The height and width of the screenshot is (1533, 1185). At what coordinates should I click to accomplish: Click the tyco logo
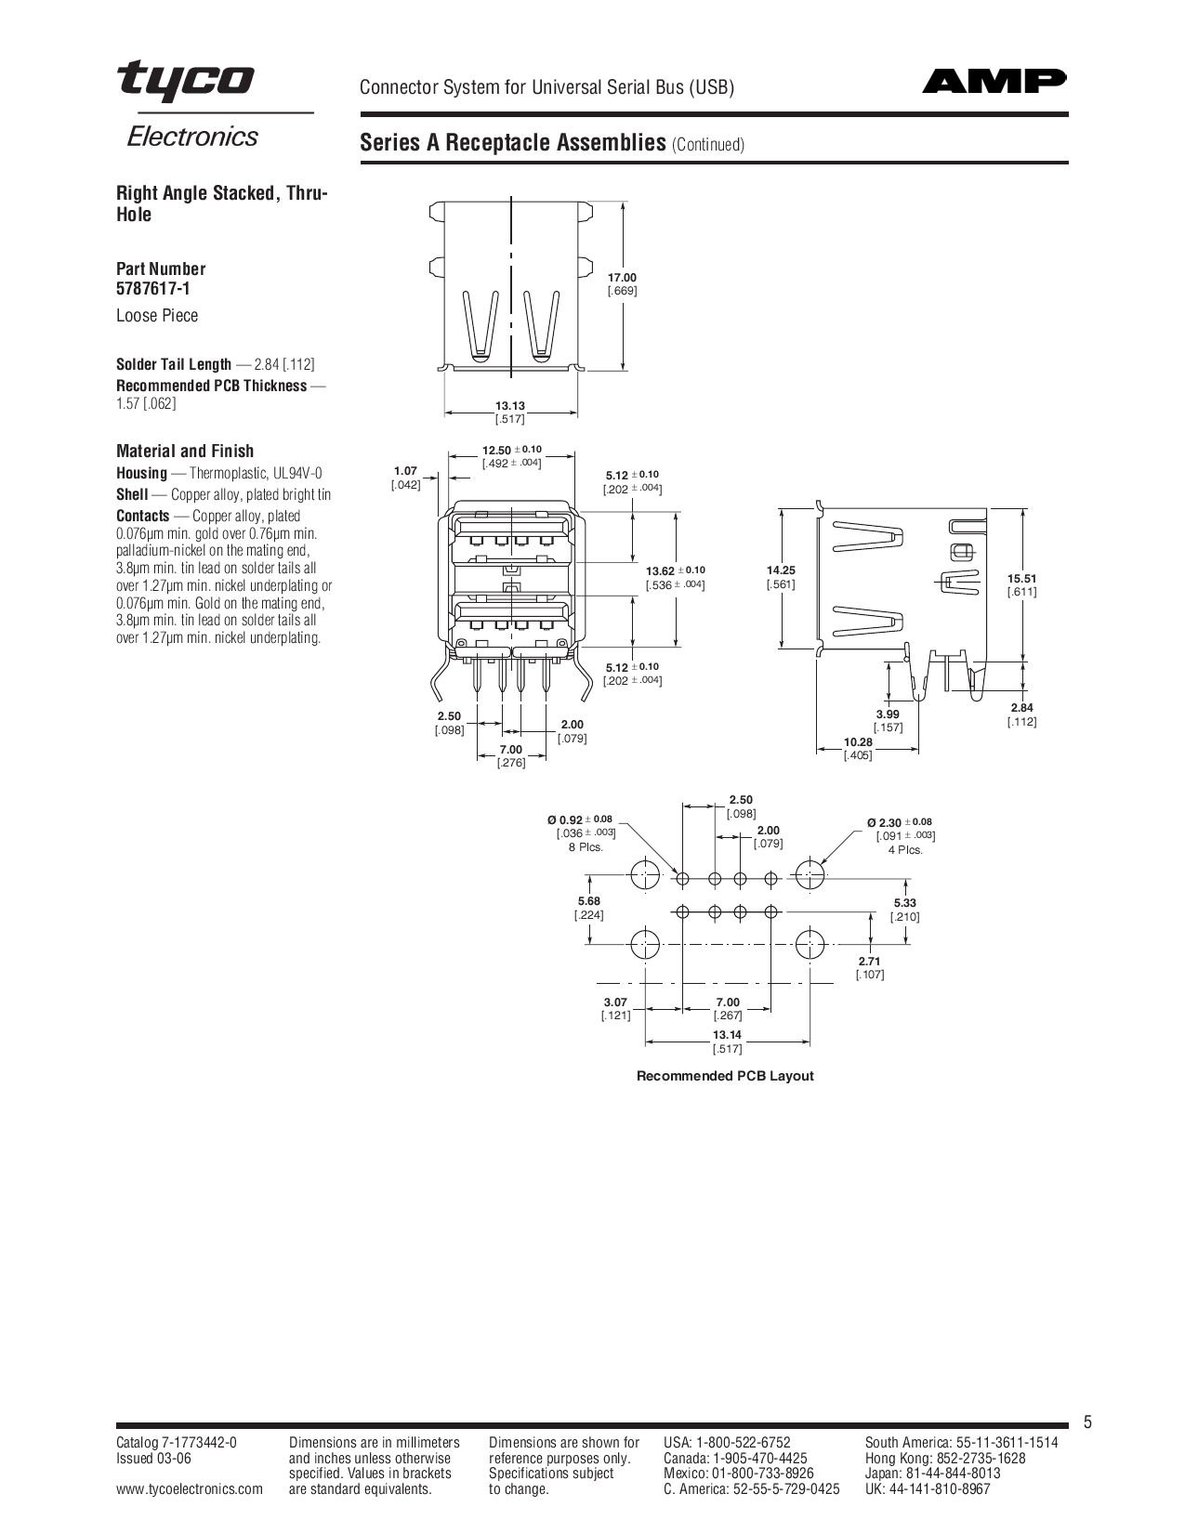click(x=186, y=81)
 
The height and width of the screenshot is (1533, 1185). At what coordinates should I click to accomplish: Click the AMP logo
click(x=994, y=81)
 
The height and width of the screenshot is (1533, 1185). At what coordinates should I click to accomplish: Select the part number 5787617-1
click(x=153, y=289)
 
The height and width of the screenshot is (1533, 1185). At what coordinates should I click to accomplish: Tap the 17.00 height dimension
click(x=622, y=277)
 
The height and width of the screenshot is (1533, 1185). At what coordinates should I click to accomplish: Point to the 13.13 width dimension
click(x=509, y=406)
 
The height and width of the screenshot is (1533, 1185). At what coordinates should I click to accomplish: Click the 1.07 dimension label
click(x=406, y=470)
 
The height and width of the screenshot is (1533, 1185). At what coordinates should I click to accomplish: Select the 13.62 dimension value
click(x=660, y=570)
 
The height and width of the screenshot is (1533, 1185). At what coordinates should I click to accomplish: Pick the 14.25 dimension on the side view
click(x=782, y=570)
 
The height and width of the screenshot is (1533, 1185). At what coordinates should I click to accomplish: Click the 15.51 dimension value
click(x=1021, y=579)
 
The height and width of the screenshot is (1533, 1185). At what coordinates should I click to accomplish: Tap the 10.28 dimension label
click(x=858, y=742)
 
